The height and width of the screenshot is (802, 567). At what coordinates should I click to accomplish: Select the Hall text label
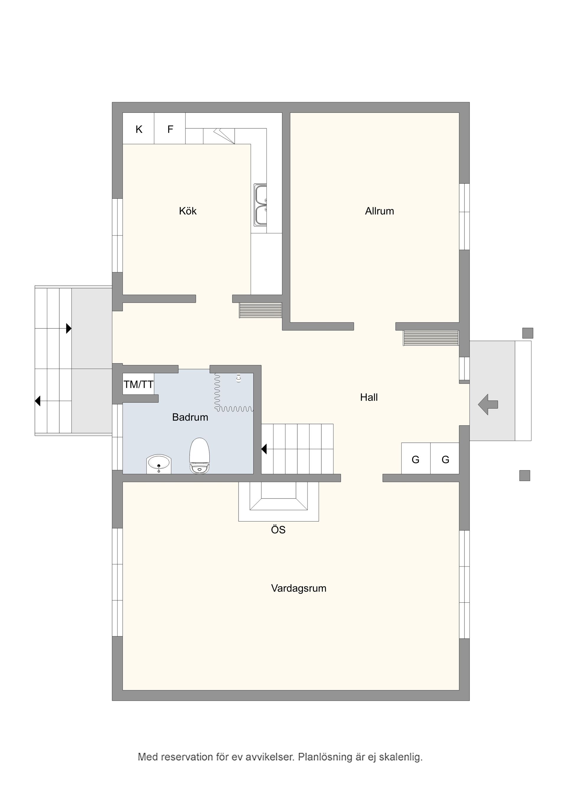click(369, 397)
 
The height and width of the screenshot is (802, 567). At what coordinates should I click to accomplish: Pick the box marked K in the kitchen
click(139, 129)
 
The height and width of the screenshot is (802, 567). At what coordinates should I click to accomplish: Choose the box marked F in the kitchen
click(170, 129)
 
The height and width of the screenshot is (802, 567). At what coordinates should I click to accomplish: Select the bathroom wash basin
click(159, 464)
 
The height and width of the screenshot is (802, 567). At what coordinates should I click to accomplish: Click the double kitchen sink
click(260, 205)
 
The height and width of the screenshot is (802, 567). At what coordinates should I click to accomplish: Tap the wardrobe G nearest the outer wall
click(445, 460)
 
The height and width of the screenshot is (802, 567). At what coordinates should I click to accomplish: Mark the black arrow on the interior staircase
click(264, 449)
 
